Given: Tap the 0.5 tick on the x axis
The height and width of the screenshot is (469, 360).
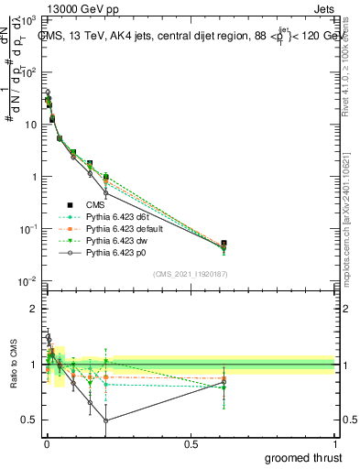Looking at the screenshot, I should pos(191,444).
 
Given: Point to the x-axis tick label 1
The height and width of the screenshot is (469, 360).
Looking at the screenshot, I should pos(335,444).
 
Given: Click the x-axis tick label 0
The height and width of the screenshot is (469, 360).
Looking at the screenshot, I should pos(46,444).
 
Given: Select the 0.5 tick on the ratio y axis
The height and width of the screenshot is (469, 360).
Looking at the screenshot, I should pos(30,420).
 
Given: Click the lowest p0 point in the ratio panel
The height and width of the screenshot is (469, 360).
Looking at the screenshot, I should pos(106,421).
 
